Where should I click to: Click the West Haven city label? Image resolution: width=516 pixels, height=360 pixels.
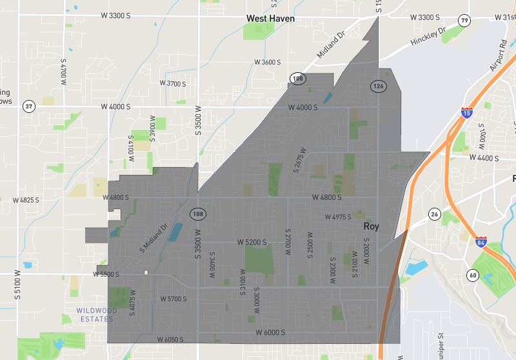(x=270, y=19)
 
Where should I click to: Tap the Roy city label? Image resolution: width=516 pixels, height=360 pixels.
(x=371, y=226)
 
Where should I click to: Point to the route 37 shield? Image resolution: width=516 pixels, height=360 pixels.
(x=28, y=106)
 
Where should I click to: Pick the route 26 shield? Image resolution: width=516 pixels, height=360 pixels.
(x=434, y=214)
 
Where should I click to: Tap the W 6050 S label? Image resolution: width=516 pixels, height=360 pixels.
(x=170, y=339)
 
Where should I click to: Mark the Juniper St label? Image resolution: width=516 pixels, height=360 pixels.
(x=442, y=345)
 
